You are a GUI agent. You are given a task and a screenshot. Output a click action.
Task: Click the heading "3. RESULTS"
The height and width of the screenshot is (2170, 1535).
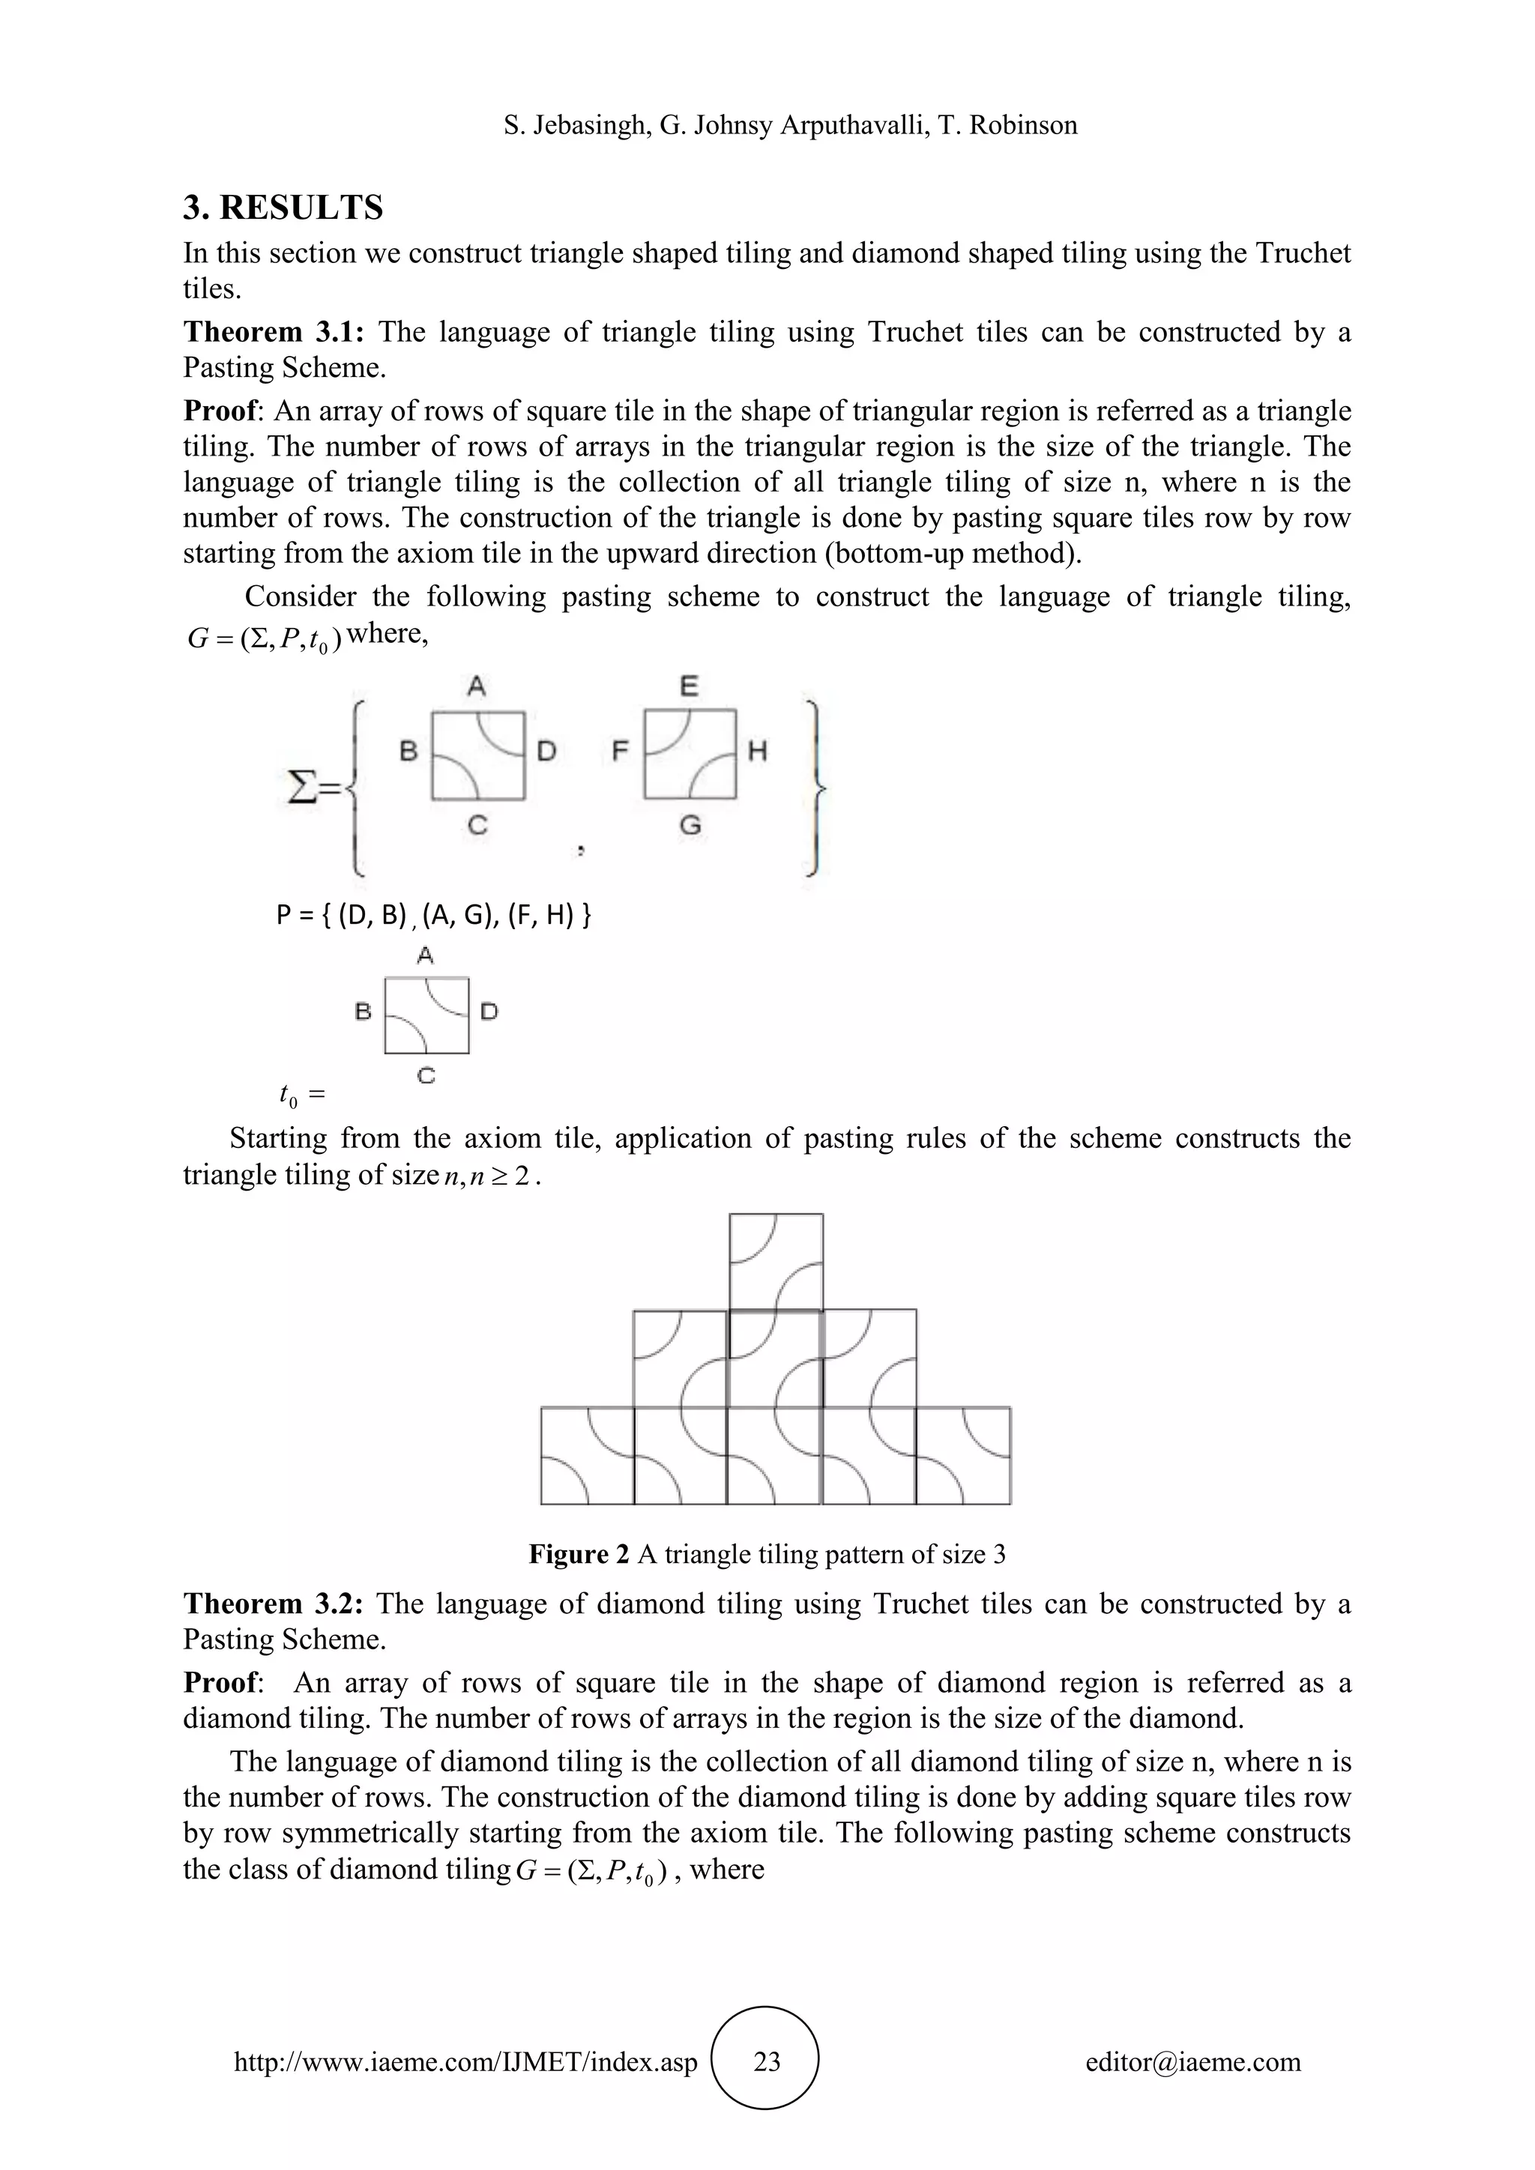click(x=283, y=208)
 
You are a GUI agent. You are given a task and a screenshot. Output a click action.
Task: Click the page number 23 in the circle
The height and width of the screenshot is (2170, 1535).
click(x=767, y=2062)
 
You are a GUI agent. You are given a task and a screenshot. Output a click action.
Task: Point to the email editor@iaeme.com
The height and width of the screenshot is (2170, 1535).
click(x=1192, y=2062)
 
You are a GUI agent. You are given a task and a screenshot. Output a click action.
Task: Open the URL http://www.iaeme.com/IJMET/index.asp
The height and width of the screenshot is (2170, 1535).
click(x=465, y=2062)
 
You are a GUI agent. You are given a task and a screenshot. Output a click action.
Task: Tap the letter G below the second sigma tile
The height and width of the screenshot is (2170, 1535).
click(x=691, y=826)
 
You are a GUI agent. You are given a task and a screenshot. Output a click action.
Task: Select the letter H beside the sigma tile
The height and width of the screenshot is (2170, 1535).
click(x=757, y=752)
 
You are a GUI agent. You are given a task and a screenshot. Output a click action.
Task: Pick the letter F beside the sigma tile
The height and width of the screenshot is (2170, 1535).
click(x=620, y=752)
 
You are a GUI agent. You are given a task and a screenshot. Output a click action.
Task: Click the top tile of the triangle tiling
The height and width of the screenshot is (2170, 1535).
click(x=776, y=1262)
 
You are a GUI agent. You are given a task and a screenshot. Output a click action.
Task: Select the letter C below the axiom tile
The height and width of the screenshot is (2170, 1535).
click(x=426, y=1075)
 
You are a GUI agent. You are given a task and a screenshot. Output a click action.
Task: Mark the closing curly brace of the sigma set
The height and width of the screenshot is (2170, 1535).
click(x=815, y=786)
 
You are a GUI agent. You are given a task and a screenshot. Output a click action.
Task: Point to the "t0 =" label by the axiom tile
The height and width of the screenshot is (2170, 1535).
click(x=301, y=1095)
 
